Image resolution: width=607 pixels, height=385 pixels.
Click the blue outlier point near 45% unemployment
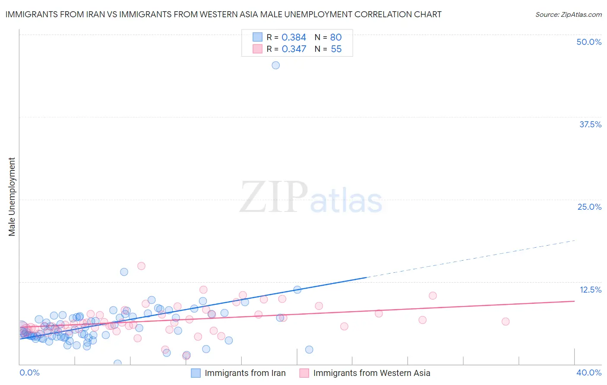[x=275, y=65]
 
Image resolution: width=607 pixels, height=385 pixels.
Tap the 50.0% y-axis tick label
[x=589, y=42]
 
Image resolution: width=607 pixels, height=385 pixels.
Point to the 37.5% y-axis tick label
[x=590, y=124]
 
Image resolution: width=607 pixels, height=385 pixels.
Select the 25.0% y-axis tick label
[x=589, y=207]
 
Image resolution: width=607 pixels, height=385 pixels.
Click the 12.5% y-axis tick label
[x=590, y=290]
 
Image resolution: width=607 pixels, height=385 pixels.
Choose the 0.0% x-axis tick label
[x=30, y=372]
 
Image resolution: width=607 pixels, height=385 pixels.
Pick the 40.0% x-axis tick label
[x=589, y=372]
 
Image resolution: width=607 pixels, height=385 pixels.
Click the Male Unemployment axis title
[x=12, y=197]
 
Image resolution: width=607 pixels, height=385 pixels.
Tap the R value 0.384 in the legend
[x=294, y=37]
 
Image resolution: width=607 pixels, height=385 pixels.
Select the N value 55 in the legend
[x=336, y=49]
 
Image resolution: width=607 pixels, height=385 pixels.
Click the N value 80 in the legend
[x=336, y=37]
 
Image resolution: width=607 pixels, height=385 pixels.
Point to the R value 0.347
[x=294, y=49]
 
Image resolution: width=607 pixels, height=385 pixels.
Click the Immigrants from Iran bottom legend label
[x=245, y=373]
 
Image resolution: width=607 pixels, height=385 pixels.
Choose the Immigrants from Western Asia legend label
[x=371, y=373]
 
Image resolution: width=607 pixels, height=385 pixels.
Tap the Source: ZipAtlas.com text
[x=568, y=14]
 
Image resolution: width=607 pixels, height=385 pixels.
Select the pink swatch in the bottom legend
[x=304, y=373]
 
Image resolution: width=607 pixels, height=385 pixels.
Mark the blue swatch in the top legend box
[x=257, y=37]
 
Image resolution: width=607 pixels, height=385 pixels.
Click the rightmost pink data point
[x=505, y=321]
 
